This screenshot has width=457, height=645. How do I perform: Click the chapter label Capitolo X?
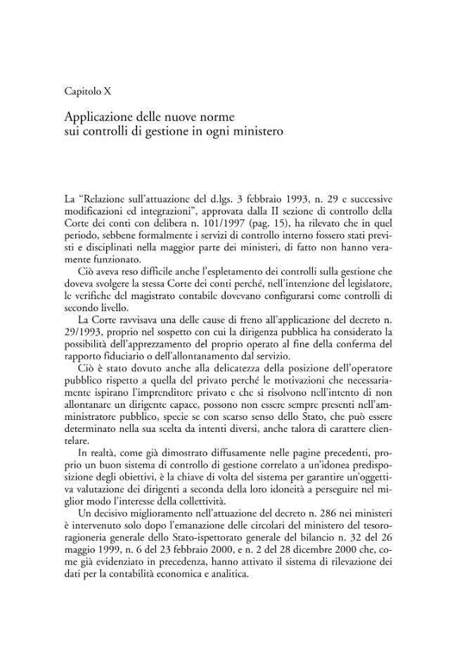87,91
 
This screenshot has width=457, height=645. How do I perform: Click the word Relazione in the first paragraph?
104,199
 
